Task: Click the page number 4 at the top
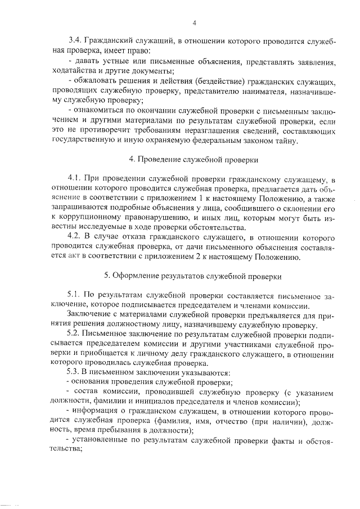click(194, 23)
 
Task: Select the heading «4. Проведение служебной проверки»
click(193, 160)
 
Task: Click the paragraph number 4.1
click(74, 179)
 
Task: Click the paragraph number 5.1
click(74, 296)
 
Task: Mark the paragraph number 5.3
click(74, 375)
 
